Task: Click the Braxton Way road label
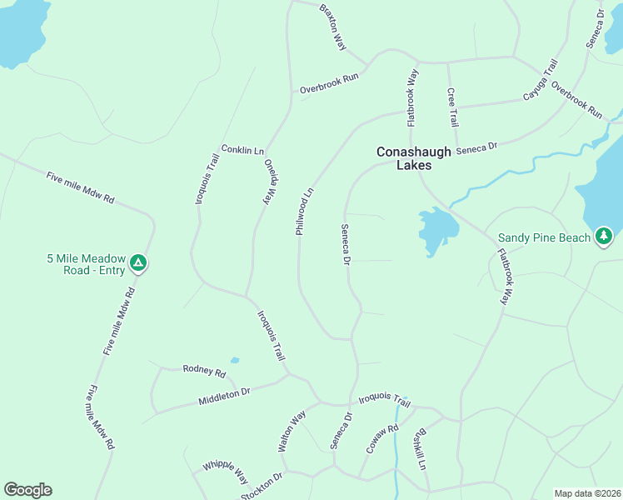click(x=332, y=27)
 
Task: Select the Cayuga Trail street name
click(x=539, y=80)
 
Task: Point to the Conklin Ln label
click(x=242, y=150)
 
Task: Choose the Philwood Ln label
click(x=304, y=211)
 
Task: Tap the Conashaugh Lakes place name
click(x=414, y=158)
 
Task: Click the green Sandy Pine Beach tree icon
click(x=604, y=237)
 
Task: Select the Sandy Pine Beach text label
click(x=545, y=237)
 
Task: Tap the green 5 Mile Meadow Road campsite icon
click(x=139, y=264)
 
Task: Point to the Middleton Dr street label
click(x=224, y=397)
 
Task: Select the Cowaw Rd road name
click(x=382, y=439)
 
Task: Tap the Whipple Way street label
click(x=225, y=472)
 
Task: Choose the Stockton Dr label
click(x=262, y=486)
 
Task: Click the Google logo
click(x=27, y=490)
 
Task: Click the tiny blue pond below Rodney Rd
click(x=235, y=361)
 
